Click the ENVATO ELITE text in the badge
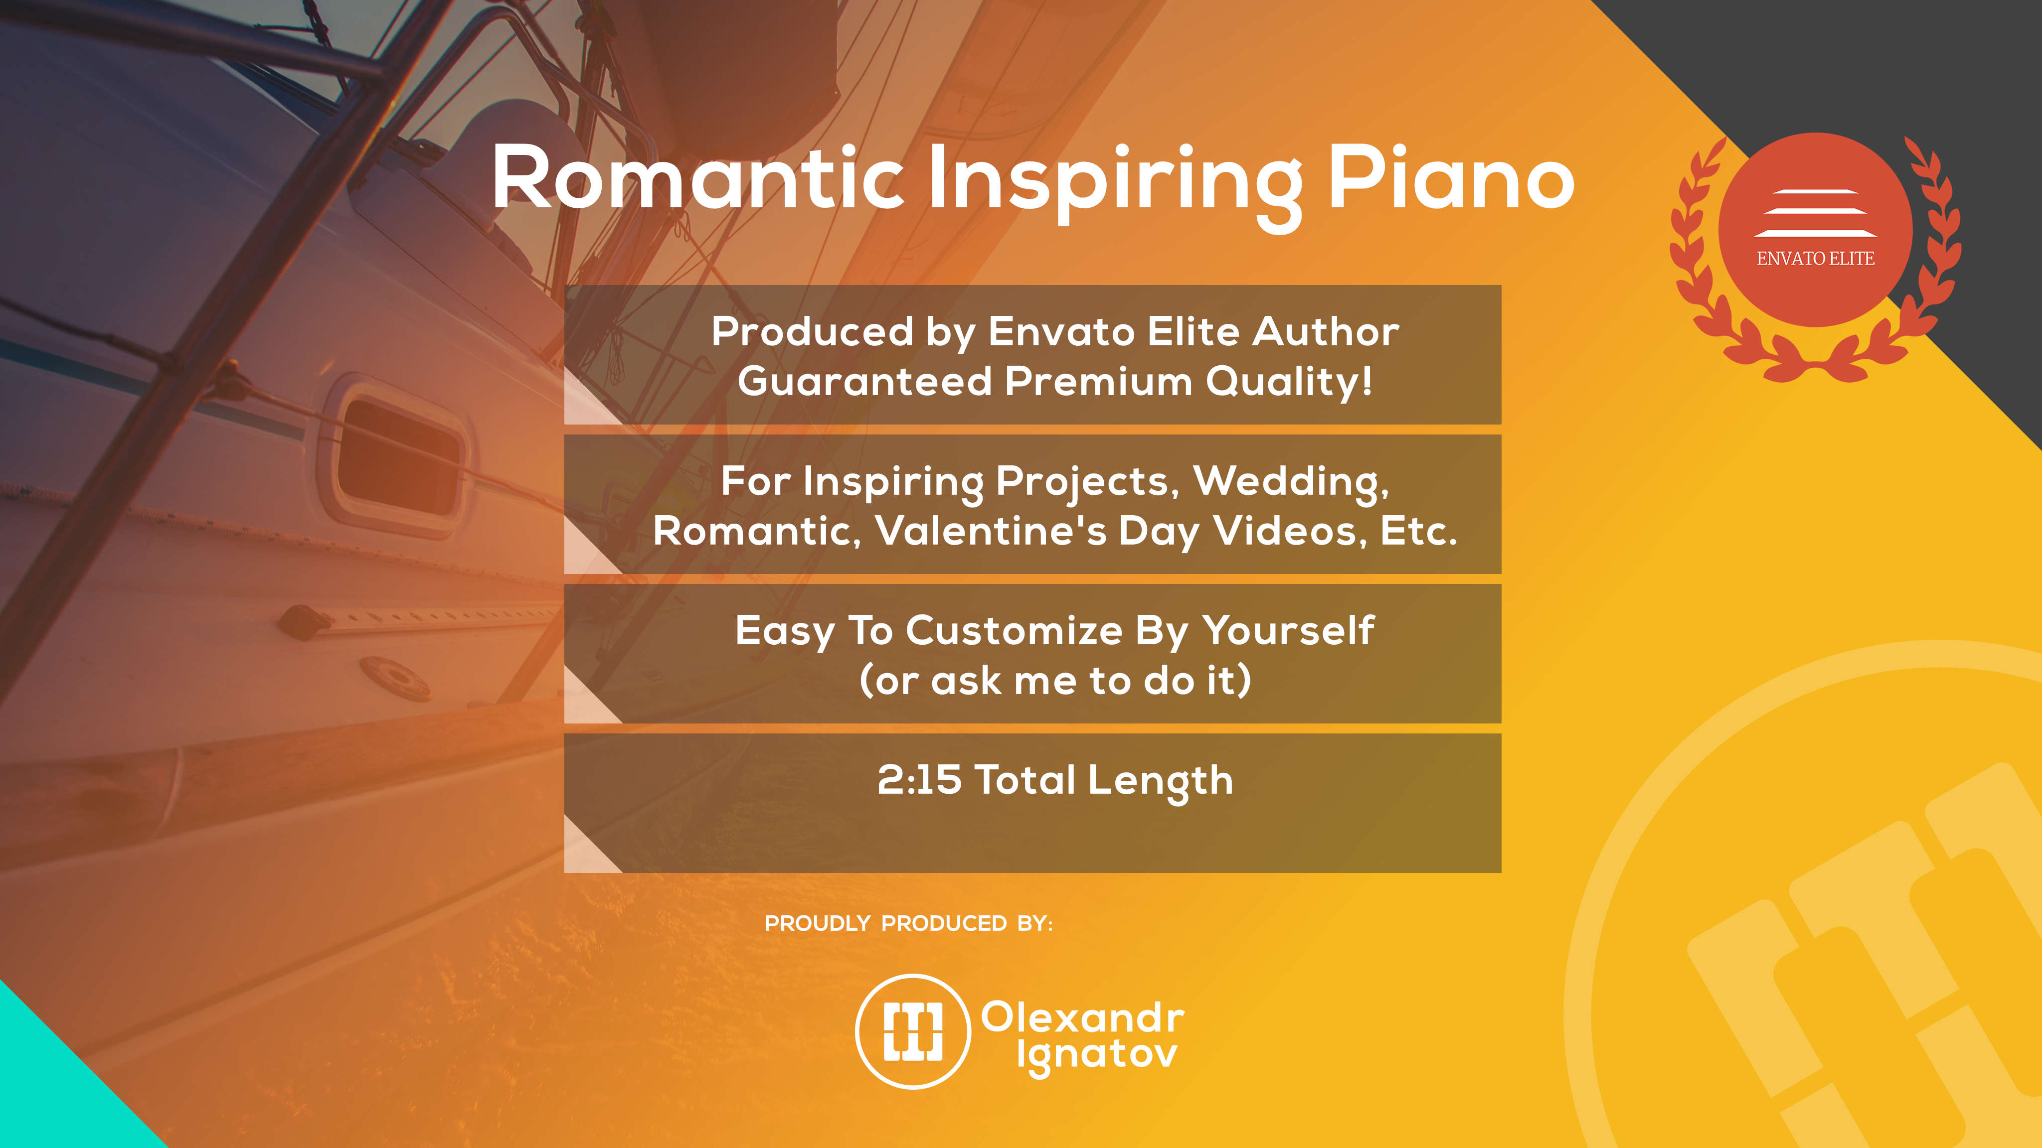pos(1815,258)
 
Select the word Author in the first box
pos(1326,331)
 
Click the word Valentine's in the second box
pos(991,530)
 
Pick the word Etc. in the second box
pos(1419,531)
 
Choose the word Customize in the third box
pos(1014,631)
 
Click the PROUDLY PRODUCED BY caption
pos(908,924)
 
